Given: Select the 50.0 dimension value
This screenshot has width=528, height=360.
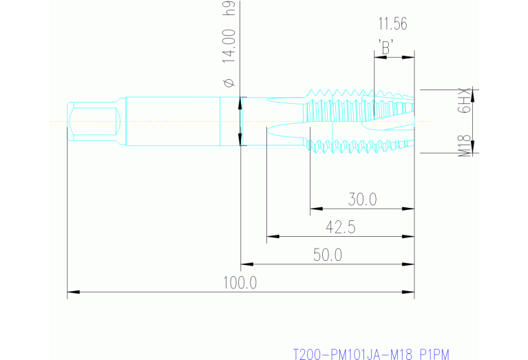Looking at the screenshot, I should (x=328, y=255).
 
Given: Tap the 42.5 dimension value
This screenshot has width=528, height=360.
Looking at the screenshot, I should (x=340, y=227).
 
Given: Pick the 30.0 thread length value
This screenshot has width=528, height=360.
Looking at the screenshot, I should (x=362, y=200).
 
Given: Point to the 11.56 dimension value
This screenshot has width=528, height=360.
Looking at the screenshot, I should (x=392, y=24).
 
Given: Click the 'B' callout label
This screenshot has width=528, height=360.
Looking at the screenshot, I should (x=386, y=47).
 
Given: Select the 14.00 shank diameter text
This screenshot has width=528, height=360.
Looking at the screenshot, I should (x=230, y=46).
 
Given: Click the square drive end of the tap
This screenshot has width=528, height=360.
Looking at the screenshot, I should (x=94, y=122).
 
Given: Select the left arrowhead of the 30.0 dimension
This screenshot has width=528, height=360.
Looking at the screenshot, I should (x=315, y=208).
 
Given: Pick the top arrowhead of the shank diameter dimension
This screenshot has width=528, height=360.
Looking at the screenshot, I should (x=240, y=101).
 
